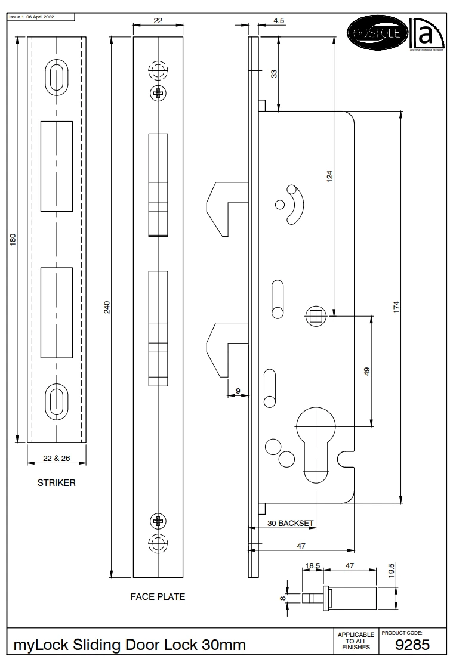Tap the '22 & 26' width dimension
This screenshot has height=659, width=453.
pos(57,459)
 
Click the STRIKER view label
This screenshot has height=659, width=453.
pos(57,483)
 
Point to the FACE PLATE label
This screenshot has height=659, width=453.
pos(158,596)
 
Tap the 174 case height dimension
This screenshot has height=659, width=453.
pos(396,306)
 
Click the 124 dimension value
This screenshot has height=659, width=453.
pos(330,176)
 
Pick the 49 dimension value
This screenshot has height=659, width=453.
pos(368,370)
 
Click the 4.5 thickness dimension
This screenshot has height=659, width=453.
pos(279,21)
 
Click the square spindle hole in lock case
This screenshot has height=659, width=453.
pos(315,315)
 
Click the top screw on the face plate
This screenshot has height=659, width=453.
pos(158,92)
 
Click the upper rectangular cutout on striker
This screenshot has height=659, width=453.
pos(56,166)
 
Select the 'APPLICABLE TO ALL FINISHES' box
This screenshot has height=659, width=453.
pos(356,641)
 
